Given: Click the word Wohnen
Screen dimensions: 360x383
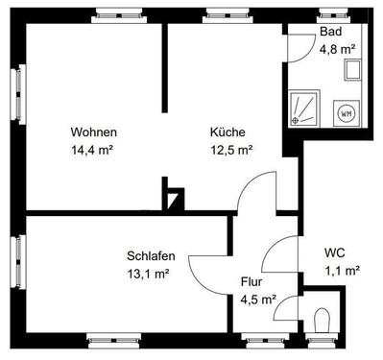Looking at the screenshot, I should click(93, 132).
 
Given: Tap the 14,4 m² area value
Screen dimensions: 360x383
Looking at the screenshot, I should click(93, 149).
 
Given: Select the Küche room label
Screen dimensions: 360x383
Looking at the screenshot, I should click(228, 132).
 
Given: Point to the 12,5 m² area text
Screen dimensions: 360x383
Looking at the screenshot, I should click(231, 149).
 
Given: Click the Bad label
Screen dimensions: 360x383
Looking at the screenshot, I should click(330, 32).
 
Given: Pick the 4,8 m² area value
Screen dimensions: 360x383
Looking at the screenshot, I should click(337, 47).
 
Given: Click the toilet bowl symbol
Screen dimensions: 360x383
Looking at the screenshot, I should click(322, 318).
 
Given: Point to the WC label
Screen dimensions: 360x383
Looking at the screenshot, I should click(335, 252).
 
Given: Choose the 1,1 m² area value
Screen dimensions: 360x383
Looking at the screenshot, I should click(341, 270).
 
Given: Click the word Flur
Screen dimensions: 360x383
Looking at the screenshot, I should click(251, 282).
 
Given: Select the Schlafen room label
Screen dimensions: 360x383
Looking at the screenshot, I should click(149, 255).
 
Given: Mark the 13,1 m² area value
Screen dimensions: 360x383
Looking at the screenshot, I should click(148, 273).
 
